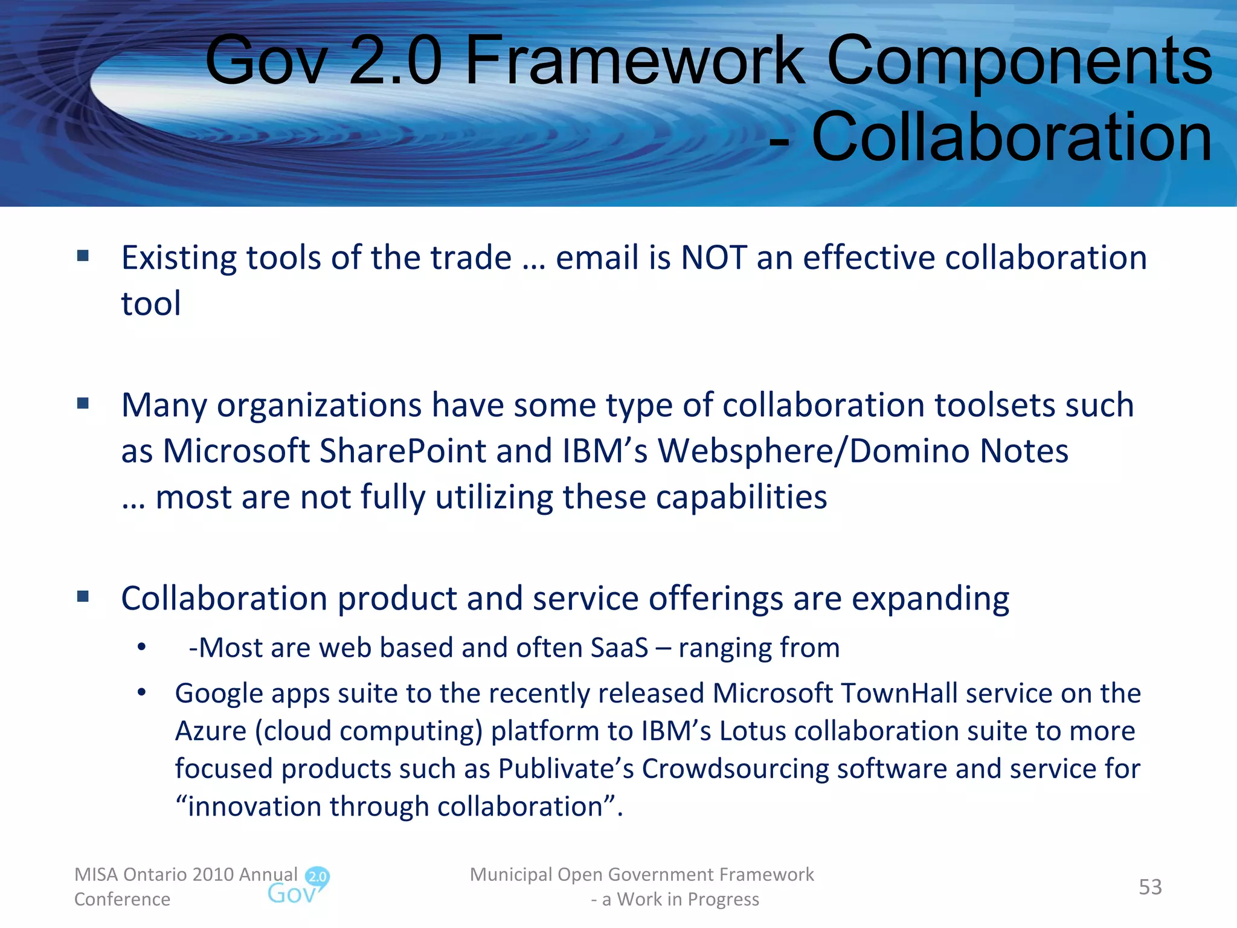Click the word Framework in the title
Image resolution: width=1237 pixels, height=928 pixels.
coord(635,60)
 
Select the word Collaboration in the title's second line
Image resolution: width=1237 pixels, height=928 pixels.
coord(1012,138)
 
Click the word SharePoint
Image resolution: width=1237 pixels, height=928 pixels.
coord(402,451)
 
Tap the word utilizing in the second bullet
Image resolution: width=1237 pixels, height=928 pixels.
coord(493,498)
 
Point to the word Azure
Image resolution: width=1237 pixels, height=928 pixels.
coord(211,731)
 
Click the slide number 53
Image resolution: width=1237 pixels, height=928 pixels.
coord(1150,887)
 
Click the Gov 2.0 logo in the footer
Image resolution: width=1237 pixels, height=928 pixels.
coord(298,886)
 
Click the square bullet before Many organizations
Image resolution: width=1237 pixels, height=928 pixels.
coord(83,403)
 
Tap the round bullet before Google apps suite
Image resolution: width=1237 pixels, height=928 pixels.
coord(141,693)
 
